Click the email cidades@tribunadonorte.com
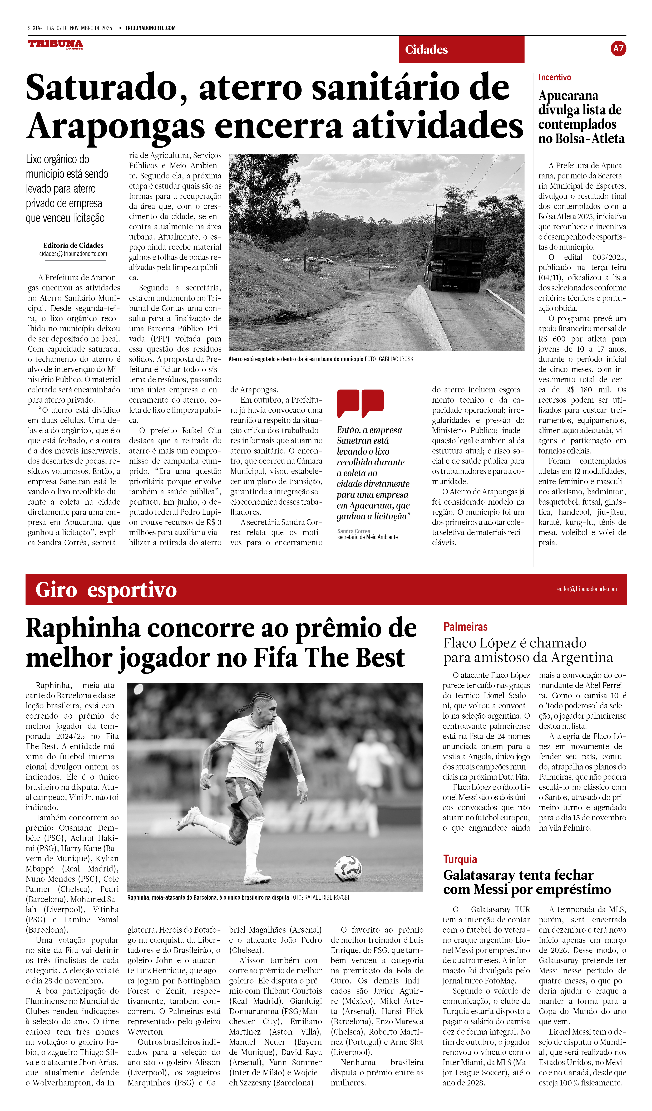[73, 254]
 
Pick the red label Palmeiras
[465, 627]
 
